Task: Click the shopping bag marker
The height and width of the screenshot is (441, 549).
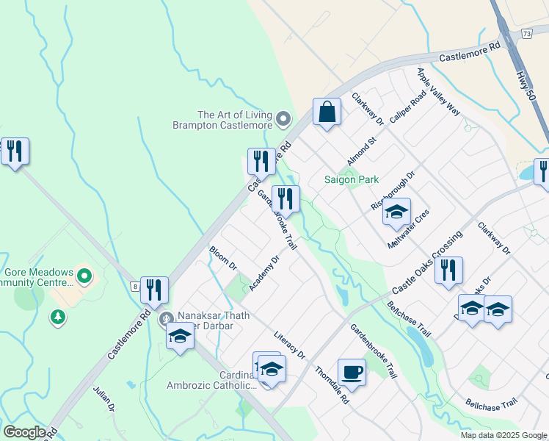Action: (x=327, y=112)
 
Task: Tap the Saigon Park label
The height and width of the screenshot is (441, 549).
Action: (x=352, y=179)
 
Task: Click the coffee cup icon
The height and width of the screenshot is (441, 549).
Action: (x=352, y=371)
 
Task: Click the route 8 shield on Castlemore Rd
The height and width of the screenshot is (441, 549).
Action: (x=135, y=286)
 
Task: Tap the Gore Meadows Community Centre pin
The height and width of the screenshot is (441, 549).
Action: (x=84, y=277)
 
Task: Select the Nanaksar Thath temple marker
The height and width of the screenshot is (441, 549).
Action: (x=167, y=318)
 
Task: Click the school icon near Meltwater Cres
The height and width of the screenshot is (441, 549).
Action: (x=396, y=212)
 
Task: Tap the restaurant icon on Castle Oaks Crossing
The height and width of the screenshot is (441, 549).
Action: (x=448, y=270)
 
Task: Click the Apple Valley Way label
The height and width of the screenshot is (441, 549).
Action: (x=438, y=91)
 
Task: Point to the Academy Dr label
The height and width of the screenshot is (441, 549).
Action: (x=264, y=273)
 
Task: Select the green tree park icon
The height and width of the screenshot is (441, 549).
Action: (x=57, y=317)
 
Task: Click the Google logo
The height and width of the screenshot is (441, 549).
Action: (x=25, y=432)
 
